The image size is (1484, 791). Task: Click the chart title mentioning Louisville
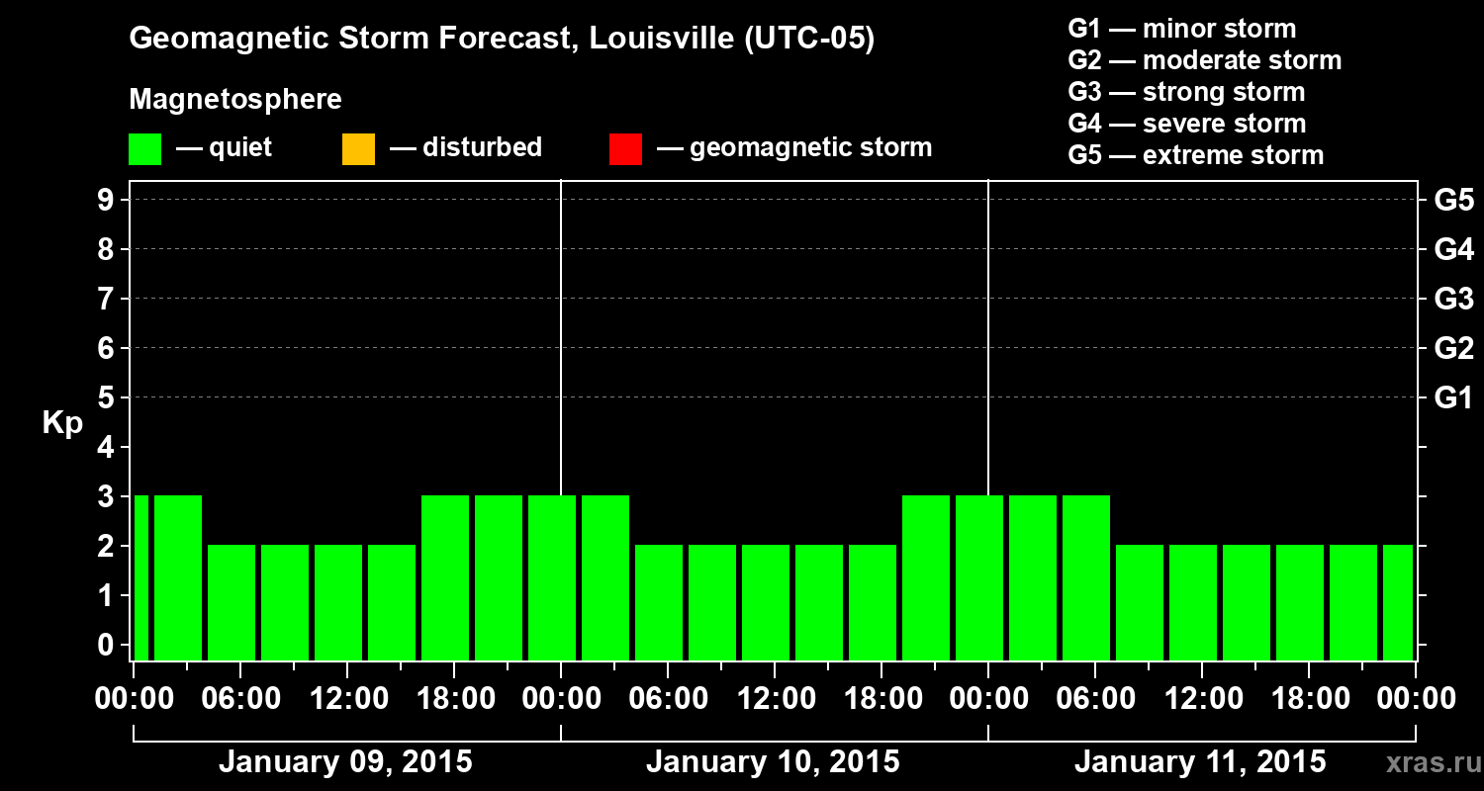tap(502, 39)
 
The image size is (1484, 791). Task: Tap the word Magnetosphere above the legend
tap(235, 100)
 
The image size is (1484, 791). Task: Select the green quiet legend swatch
tap(144, 148)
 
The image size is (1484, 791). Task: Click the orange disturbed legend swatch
tap(358, 148)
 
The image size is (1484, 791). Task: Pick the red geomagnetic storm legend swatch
tap(625, 148)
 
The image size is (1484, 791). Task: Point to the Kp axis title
tap(62, 423)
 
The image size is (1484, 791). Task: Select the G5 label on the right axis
tap(1453, 200)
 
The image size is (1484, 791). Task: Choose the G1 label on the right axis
tap(1453, 398)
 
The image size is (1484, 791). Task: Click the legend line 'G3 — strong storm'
tap(1186, 92)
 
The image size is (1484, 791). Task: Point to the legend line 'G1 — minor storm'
tap(1181, 29)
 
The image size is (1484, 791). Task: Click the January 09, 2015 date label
tap(345, 762)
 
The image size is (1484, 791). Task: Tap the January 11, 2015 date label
tap(1200, 762)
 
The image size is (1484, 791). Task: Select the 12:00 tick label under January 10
tap(775, 699)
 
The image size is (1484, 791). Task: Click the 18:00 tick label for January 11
tap(1308, 699)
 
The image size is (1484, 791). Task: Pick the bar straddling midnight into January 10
tap(552, 577)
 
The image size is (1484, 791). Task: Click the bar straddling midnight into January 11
tap(979, 577)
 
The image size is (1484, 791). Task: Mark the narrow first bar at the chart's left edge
tap(140, 577)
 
